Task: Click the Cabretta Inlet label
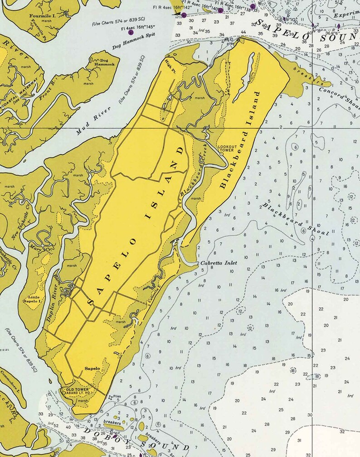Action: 214,263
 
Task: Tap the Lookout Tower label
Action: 225,148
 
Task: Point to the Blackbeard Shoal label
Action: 295,219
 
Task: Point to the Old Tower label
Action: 76,389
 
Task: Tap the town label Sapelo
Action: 92,369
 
